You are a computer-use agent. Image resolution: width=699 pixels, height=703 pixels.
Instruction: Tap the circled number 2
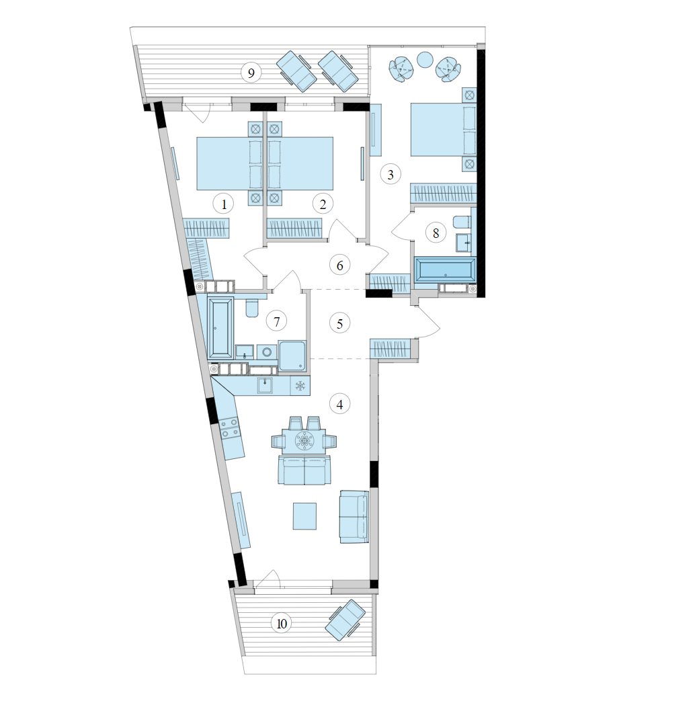point(323,202)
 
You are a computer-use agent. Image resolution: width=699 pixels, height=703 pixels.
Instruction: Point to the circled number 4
point(340,404)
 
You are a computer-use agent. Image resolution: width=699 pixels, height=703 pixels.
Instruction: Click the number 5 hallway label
point(340,323)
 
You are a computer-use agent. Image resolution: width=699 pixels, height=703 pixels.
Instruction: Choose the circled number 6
point(340,265)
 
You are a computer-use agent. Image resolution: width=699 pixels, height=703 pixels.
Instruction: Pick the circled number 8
point(436,233)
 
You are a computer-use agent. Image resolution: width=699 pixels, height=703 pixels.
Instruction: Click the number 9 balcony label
point(251,73)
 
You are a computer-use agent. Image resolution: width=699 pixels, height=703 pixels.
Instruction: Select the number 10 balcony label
point(282,624)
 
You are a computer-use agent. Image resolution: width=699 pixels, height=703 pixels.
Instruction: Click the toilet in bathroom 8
point(463,222)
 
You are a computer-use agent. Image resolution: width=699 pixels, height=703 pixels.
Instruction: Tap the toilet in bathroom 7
point(252,308)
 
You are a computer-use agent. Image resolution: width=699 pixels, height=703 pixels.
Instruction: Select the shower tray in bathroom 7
point(292,356)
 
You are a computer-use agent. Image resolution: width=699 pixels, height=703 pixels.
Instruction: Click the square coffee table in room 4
point(304,516)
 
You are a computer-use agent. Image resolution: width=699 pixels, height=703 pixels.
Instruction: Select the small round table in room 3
point(425,59)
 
